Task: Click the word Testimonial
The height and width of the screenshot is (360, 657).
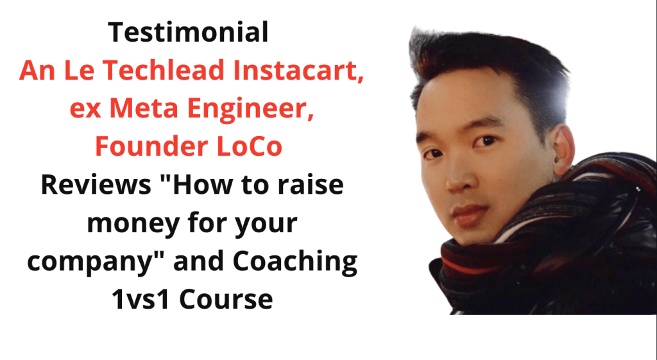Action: (x=188, y=32)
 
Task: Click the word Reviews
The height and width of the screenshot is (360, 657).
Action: (x=96, y=184)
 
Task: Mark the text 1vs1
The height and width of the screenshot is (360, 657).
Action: (x=142, y=299)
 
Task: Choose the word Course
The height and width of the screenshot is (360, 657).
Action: (x=226, y=299)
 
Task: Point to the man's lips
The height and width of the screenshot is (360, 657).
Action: (x=468, y=214)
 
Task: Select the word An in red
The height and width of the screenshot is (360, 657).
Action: (x=37, y=71)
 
